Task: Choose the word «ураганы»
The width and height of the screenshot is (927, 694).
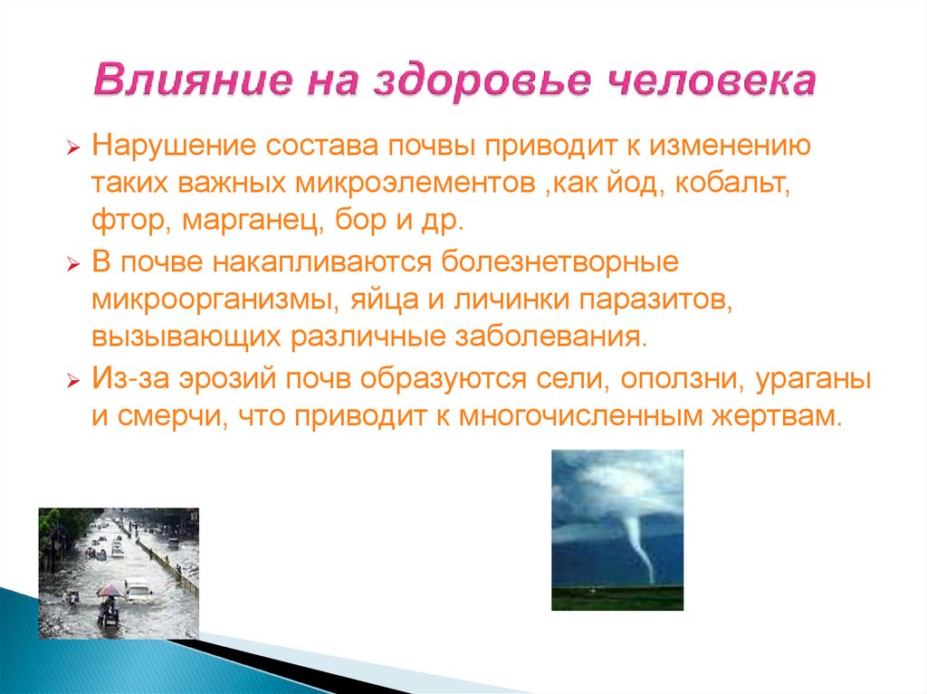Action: (813, 378)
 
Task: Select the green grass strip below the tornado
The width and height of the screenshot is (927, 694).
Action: (617, 597)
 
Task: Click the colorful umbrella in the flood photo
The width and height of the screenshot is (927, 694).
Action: (110, 590)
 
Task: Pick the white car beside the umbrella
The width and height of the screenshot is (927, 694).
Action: (139, 590)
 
